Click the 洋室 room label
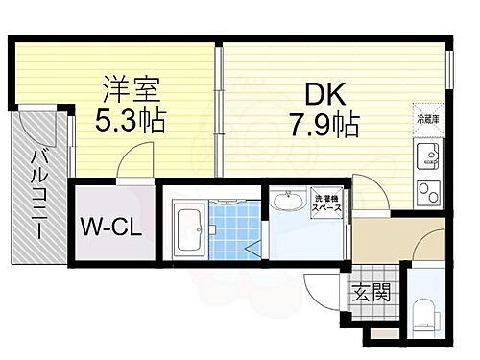point(132,91)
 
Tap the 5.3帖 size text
point(132,123)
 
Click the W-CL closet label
point(111,228)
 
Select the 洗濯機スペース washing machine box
point(327,206)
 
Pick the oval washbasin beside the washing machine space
point(285,203)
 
